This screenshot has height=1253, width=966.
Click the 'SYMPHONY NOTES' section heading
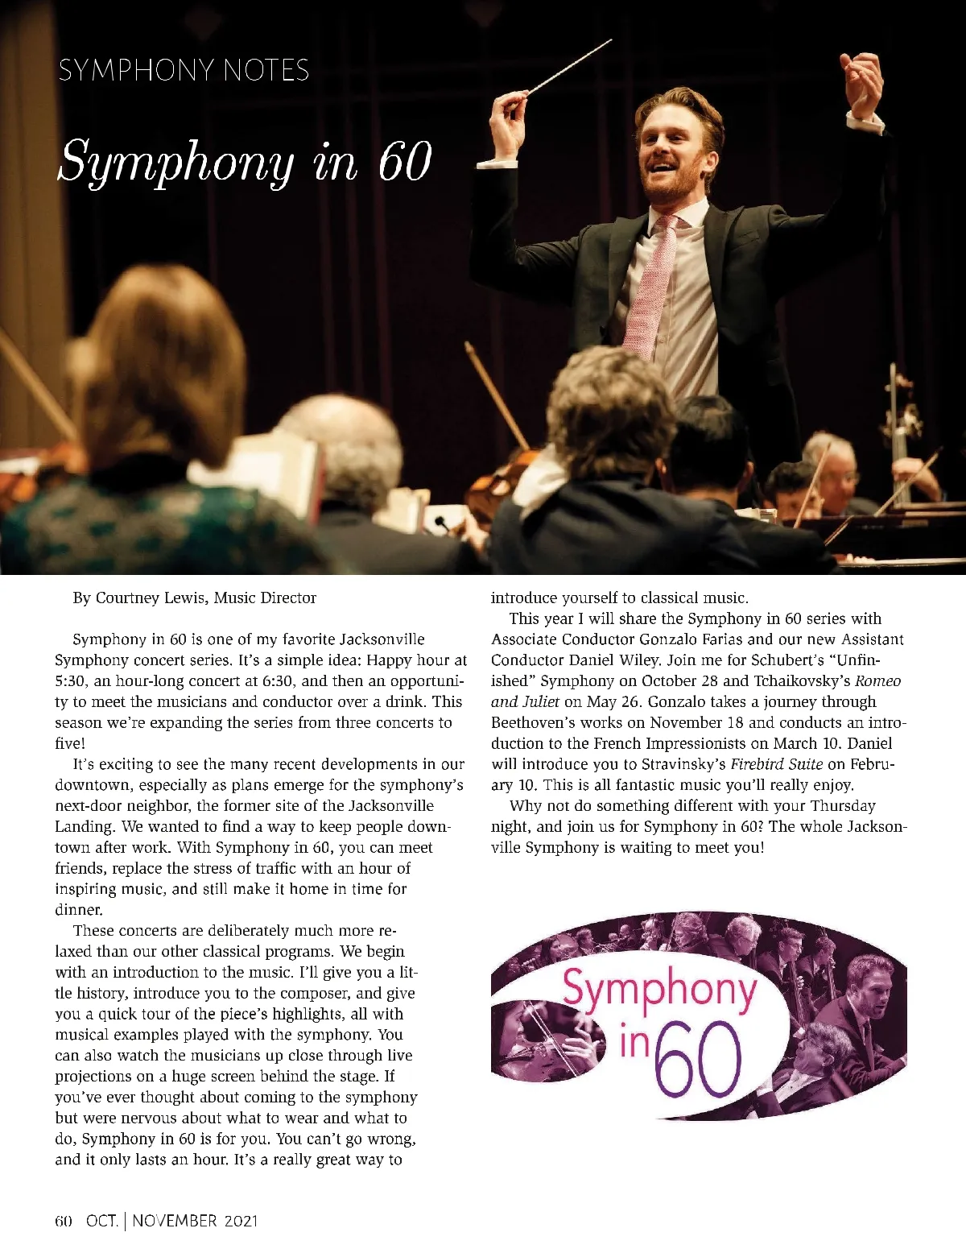pyautogui.click(x=184, y=71)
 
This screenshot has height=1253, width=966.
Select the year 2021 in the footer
pyautogui.click(x=242, y=1221)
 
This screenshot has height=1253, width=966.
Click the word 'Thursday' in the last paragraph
pyautogui.click(x=843, y=806)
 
